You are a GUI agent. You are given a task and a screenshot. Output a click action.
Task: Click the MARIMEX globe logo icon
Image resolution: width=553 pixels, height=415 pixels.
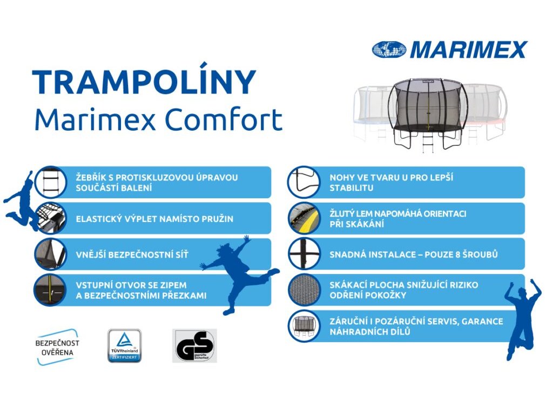coord(389,50)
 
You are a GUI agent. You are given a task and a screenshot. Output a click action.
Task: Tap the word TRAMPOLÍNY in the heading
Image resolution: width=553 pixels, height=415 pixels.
coord(144,83)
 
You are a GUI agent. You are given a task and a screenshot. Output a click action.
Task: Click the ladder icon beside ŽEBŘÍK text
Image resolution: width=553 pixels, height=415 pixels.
coord(51,182)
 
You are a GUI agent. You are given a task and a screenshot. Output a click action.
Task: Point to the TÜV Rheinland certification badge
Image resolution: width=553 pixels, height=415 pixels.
coord(124,345)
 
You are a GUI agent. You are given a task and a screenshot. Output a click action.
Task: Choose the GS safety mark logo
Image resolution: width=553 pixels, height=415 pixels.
coord(194,345)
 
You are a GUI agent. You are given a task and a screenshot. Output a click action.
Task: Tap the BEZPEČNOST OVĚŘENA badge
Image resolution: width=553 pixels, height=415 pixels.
coord(57,347)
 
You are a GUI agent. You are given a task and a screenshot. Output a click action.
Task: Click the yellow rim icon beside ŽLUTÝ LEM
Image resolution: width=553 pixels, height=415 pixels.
coord(304,218)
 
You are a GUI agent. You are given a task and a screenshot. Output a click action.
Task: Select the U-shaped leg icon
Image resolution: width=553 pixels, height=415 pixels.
coord(304,182)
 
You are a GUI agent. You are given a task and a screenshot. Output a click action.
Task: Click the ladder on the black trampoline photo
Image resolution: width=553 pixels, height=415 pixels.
coord(428,142)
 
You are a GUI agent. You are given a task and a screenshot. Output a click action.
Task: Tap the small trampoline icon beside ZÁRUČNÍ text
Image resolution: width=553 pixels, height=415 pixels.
coord(304,326)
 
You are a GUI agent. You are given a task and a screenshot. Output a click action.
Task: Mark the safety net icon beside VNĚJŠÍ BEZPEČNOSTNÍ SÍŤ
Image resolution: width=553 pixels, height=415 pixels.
coord(51,254)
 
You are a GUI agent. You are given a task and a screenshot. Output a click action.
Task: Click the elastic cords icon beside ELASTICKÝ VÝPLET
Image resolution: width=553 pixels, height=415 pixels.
coord(51,218)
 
